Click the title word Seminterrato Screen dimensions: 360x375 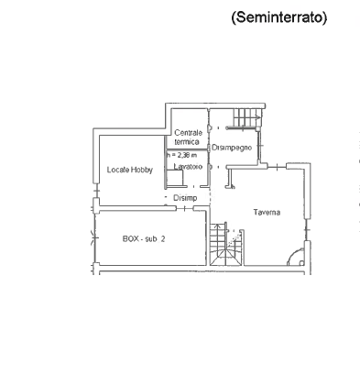coord(279,17)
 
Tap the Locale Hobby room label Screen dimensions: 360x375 coord(130,170)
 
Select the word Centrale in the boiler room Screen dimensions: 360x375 coord(189,133)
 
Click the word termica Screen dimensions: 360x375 coord(187,142)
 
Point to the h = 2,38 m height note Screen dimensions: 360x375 coord(181,155)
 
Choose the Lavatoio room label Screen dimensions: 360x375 coord(188,167)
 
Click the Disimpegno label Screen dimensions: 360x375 coord(232,148)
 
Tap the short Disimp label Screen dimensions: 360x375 coord(185,198)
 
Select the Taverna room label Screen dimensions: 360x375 coord(267,212)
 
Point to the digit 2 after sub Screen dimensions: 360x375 coord(163,238)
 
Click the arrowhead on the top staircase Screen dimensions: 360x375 coord(258,116)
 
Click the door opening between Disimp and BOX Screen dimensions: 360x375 coord(185,209)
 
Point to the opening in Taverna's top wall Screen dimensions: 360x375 coord(277,167)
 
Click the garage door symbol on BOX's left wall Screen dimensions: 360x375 coord(95,237)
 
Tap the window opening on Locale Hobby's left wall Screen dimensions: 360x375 coord(96,191)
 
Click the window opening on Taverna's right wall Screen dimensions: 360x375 coord(308,230)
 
